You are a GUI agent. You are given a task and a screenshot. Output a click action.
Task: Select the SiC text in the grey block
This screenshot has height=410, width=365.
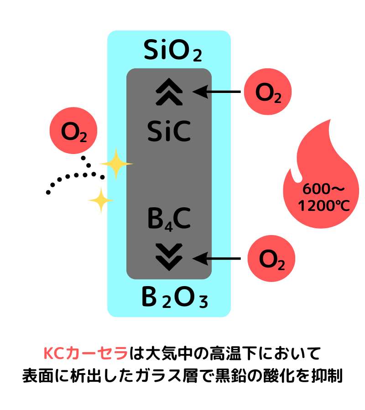[169, 132]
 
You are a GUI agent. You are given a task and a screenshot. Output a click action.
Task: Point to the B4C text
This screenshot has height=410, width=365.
[169, 219]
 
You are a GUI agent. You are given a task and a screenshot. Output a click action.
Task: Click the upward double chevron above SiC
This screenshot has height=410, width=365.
[169, 92]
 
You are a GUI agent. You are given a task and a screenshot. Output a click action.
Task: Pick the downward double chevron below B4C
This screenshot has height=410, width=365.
[169, 257]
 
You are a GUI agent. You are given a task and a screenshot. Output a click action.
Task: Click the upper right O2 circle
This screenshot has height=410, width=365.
[268, 92]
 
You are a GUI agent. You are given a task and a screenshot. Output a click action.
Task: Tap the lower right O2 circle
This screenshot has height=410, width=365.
[271, 259]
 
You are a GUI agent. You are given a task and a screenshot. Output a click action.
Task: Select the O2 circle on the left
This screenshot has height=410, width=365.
[73, 131]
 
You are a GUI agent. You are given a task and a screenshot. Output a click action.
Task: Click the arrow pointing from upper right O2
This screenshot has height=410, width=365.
[212, 92]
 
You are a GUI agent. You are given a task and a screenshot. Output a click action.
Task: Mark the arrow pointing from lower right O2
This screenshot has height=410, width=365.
[212, 259]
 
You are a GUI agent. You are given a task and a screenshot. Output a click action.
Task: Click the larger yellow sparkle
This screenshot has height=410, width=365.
[116, 164]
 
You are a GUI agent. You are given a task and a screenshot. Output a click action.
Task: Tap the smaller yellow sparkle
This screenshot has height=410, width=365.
[100, 200]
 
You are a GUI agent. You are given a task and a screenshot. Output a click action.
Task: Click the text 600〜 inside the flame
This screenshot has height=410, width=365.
[323, 189]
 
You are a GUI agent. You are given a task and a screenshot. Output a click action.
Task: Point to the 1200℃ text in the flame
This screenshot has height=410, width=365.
[323, 206]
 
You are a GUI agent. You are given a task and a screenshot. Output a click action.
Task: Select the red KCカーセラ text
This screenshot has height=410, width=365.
[86, 354]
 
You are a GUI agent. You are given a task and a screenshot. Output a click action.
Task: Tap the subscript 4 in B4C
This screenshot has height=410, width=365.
[168, 226]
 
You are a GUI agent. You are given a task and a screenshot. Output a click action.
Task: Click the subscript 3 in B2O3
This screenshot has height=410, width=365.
[203, 302]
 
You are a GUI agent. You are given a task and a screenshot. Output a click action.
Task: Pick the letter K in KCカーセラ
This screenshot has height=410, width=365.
[48, 354]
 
